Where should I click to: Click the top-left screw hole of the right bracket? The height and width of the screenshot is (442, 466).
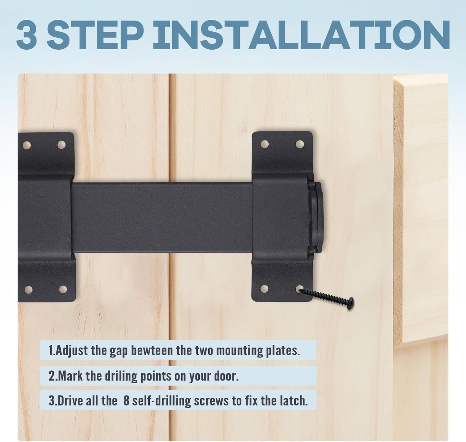264,144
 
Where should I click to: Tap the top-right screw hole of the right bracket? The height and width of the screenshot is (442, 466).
300,144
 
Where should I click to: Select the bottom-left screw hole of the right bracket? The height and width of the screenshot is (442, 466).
264,288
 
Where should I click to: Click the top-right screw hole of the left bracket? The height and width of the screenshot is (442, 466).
61,145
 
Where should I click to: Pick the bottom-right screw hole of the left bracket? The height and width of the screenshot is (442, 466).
63,289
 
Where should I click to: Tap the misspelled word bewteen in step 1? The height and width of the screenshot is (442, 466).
151,350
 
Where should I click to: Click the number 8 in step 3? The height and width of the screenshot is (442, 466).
126,401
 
